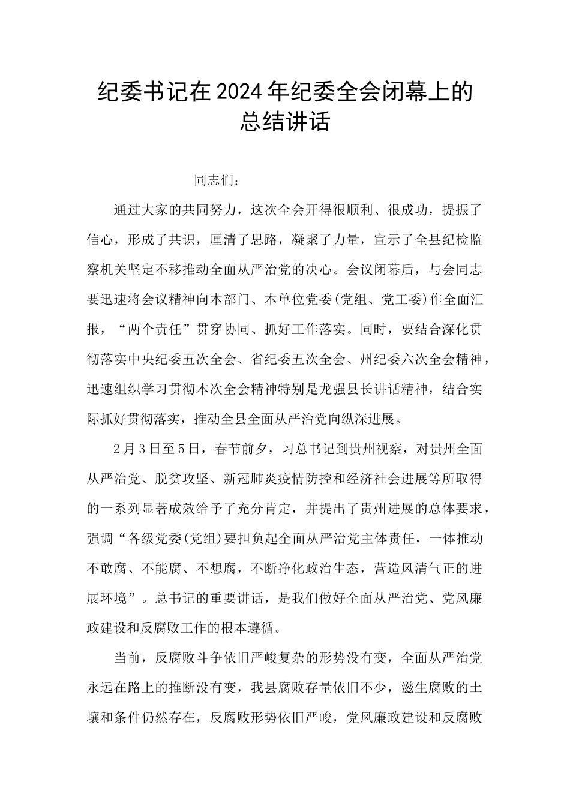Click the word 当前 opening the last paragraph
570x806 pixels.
tap(127, 657)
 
